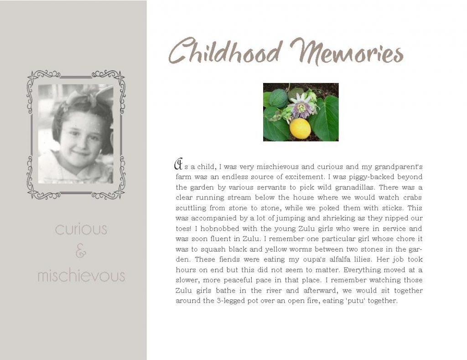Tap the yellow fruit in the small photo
tap(300, 128)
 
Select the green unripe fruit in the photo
tap(278, 98)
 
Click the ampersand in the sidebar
tap(81, 252)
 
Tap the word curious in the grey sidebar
tap(81, 229)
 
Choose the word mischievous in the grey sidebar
tap(81, 276)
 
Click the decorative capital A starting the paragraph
tap(179, 163)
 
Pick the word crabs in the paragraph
tap(412, 198)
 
